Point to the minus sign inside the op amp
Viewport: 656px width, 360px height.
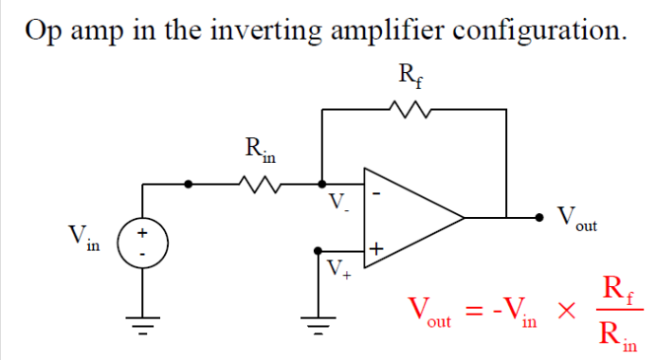376,194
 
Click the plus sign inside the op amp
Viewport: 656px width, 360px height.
376,249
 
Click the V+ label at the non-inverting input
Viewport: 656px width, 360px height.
338,268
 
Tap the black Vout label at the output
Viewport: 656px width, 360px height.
576,221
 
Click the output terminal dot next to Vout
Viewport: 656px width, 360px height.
541,217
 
